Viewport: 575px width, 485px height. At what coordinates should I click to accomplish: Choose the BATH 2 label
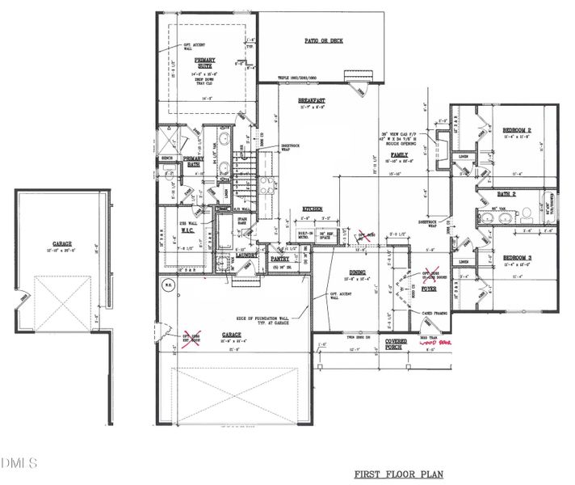[506, 194]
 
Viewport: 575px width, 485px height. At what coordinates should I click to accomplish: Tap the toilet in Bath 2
[525, 215]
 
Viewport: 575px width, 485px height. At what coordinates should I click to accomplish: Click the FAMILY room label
[399, 154]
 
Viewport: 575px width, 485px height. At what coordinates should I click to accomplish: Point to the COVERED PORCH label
[397, 344]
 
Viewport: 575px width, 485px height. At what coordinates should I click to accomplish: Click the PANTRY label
[280, 258]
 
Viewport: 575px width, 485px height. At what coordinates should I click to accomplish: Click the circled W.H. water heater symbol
[167, 285]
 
